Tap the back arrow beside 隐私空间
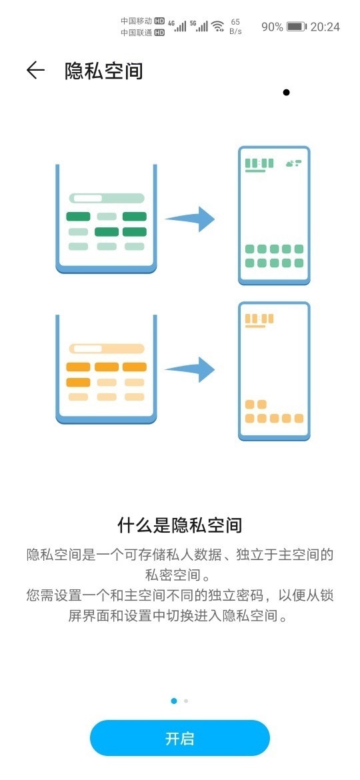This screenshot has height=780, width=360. click(x=35, y=71)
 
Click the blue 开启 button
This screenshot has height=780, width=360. click(x=179, y=738)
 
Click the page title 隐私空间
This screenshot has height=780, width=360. click(x=104, y=71)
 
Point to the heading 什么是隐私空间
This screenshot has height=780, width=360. click(x=179, y=525)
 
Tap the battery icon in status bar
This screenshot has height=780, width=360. click(x=297, y=27)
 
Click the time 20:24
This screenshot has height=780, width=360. click(x=325, y=27)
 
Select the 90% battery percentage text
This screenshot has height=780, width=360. click(x=272, y=27)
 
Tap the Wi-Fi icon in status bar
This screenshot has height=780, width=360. click(x=218, y=27)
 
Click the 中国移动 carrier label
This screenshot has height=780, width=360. click(x=136, y=21)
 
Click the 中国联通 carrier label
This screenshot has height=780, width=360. click(x=136, y=33)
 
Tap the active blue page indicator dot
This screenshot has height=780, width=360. click(x=173, y=701)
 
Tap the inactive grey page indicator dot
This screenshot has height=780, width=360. click(x=186, y=701)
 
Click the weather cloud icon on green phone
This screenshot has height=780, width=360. click(x=294, y=163)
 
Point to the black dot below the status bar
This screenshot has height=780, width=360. click(x=286, y=92)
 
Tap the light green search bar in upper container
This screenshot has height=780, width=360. click(x=107, y=198)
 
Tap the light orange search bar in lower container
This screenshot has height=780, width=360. click(x=107, y=349)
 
